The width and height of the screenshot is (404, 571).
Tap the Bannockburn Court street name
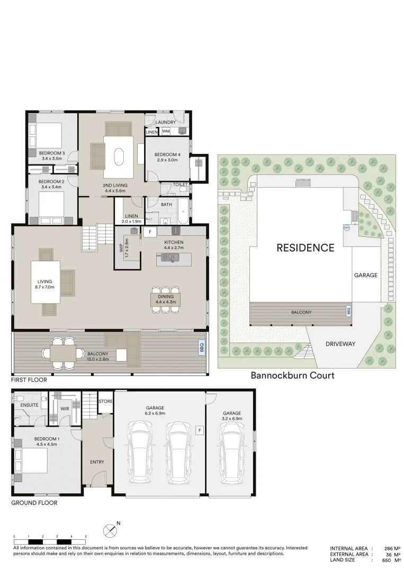(x=292, y=375)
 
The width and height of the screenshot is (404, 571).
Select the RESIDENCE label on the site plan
(x=305, y=247)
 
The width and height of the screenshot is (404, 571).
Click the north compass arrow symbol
(x=110, y=529)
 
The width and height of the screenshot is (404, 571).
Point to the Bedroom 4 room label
(x=167, y=155)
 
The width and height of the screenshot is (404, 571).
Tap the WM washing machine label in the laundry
(x=166, y=131)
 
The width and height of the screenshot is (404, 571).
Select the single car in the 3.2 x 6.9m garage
(x=231, y=455)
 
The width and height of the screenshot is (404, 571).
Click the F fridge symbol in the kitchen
(x=150, y=232)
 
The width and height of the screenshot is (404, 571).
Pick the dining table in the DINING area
(x=165, y=300)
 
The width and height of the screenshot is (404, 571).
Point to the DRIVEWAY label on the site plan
(x=340, y=344)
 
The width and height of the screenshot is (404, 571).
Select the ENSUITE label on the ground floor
(x=29, y=405)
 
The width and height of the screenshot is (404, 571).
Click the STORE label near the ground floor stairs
(x=105, y=401)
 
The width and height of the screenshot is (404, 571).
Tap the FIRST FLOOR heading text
(x=29, y=380)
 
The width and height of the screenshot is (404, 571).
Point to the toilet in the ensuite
(x=19, y=398)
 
